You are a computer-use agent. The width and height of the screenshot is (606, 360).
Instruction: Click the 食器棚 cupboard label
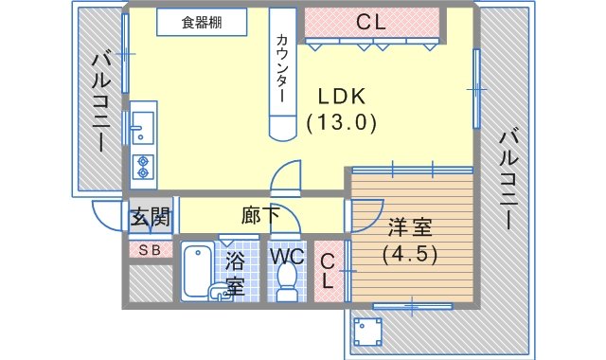tap(202, 23)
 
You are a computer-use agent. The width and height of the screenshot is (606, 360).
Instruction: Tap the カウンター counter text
tap(282, 68)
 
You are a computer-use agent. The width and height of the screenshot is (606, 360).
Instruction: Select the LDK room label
tap(342, 97)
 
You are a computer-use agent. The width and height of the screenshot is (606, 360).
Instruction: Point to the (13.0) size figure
tap(342, 123)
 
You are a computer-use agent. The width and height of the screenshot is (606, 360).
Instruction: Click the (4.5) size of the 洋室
tap(410, 254)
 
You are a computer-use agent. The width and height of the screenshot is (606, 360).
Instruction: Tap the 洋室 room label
tap(410, 227)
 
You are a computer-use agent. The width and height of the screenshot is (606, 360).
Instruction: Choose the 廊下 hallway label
tap(260, 215)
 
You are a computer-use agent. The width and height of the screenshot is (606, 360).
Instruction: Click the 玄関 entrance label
tap(150, 217)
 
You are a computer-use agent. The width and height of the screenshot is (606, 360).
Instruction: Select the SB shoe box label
tap(150, 250)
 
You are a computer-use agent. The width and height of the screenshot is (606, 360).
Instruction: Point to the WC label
tap(287, 256)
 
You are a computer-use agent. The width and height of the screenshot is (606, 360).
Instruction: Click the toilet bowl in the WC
tap(286, 281)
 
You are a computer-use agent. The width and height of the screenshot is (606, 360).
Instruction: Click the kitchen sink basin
tap(143, 128)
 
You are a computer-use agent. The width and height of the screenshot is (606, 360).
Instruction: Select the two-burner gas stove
tap(143, 167)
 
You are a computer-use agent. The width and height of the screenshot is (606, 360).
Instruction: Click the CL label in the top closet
tap(370, 22)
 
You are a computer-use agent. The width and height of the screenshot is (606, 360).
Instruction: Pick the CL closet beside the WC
tap(328, 271)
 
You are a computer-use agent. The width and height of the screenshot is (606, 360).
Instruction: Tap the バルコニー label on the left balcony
tap(101, 102)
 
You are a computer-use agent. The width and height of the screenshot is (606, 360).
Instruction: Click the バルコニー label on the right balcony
tap(508, 181)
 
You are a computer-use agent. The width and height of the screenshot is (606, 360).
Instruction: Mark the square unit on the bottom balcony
tap(368, 333)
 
